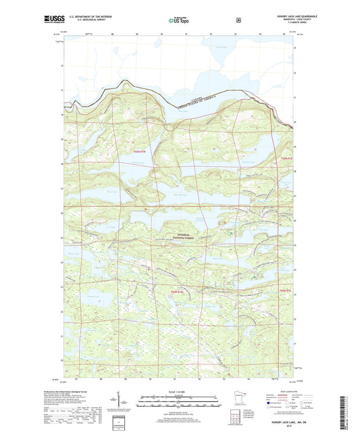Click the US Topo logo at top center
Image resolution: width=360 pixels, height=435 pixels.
(x=179, y=21)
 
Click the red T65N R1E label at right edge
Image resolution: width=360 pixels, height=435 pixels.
(x=286, y=157)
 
